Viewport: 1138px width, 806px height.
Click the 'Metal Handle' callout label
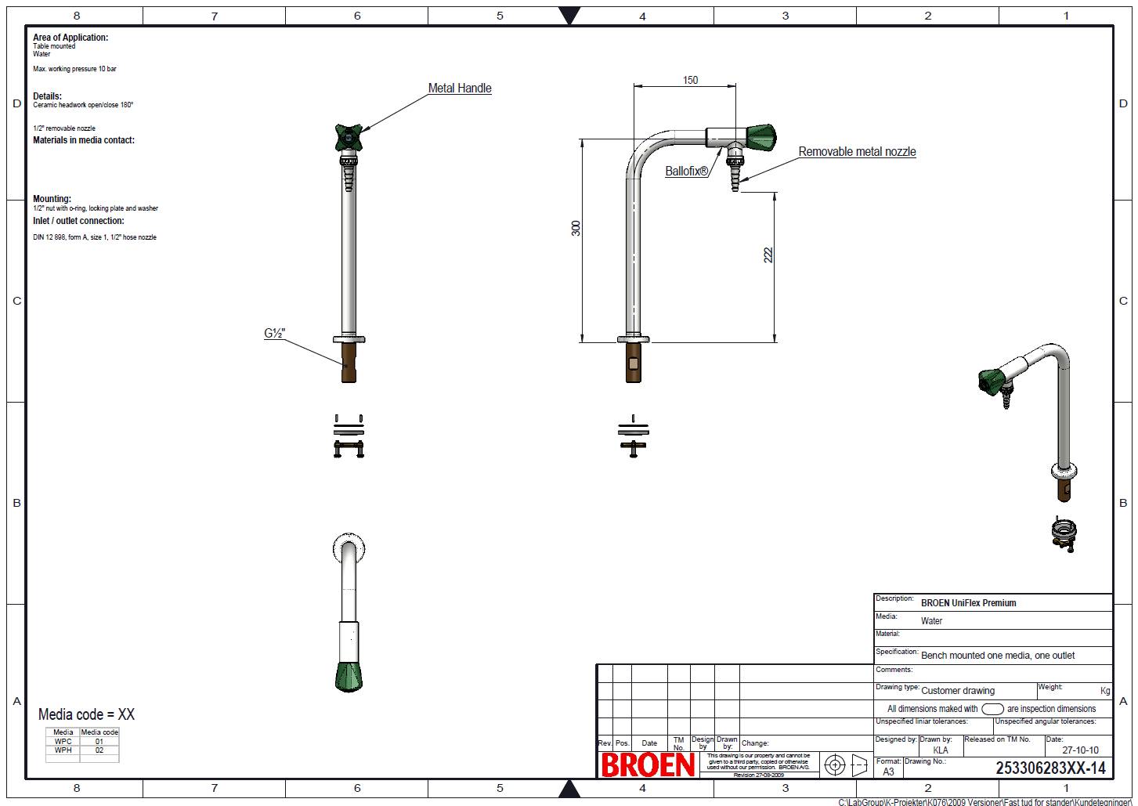[x=460, y=89]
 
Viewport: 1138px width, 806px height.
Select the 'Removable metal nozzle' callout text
[x=857, y=152]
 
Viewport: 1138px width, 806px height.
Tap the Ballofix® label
[x=686, y=172]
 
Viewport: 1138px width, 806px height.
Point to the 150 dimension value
[x=690, y=80]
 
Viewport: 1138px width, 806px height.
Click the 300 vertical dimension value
[x=576, y=228]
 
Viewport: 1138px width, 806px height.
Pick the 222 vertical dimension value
[x=768, y=255]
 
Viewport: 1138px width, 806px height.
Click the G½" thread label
[x=274, y=334]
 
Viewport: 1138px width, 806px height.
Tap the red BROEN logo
[x=648, y=764]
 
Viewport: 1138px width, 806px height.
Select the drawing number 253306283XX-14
[x=1050, y=768]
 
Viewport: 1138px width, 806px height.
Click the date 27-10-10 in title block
[x=1080, y=750]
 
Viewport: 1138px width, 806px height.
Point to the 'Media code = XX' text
[x=86, y=714]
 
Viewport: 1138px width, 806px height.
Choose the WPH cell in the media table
[x=63, y=750]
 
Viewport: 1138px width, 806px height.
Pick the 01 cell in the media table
[x=99, y=741]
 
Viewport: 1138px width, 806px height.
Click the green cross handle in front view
[x=348, y=137]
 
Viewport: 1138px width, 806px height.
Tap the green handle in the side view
[x=760, y=137]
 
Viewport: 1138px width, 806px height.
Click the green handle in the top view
[x=349, y=677]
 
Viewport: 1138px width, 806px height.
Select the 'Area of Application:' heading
[x=70, y=38]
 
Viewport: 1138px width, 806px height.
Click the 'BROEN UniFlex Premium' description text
[x=968, y=603]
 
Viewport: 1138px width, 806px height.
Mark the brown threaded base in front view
[x=349, y=364]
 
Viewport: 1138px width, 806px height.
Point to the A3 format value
[x=888, y=772]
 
